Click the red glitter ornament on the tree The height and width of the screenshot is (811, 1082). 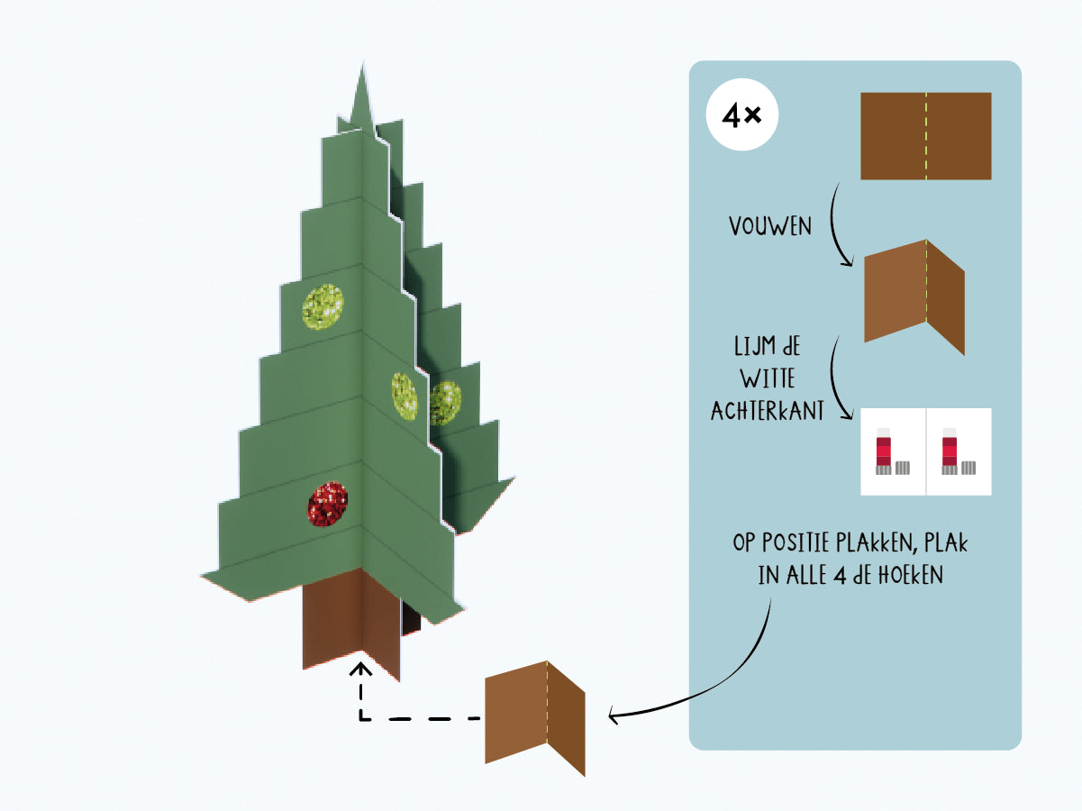[x=328, y=504]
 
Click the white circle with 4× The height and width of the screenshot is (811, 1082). [x=741, y=114]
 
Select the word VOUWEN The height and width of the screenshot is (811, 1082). [x=770, y=227]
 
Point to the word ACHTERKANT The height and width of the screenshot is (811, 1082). [x=767, y=411]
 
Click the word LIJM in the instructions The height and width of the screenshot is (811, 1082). [x=749, y=346]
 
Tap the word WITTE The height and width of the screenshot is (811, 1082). [x=768, y=378]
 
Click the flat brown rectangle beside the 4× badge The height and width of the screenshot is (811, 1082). [x=926, y=136]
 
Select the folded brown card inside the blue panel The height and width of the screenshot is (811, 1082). [x=914, y=296]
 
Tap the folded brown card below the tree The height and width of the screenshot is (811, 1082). [x=535, y=718]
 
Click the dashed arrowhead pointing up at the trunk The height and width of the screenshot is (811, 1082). [x=361, y=670]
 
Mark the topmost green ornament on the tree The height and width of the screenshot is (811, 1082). [x=323, y=306]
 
